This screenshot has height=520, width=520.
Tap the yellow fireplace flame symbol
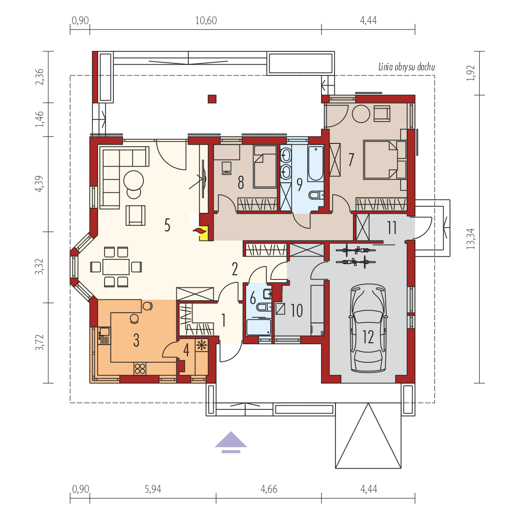[x=203, y=233]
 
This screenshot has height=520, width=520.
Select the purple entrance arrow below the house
[x=231, y=442]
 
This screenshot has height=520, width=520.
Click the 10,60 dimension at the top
[x=206, y=20]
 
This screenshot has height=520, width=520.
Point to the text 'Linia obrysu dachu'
[x=407, y=67]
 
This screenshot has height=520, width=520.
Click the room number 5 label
[x=167, y=225]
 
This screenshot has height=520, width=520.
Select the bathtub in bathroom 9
[x=316, y=163]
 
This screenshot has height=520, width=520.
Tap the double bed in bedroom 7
[x=385, y=160]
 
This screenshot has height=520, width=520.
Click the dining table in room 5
[x=116, y=266]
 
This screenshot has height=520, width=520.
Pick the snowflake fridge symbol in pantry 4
[x=201, y=346]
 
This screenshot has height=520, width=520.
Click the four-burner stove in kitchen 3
[x=140, y=369]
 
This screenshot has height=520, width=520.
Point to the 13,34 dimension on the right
[x=470, y=239]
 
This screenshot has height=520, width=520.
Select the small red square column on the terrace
[x=212, y=99]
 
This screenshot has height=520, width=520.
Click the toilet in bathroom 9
[x=316, y=195]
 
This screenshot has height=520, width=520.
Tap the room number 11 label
[x=392, y=228]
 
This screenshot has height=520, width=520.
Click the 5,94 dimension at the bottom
[x=153, y=489]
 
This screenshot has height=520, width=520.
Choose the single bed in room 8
[x=265, y=166]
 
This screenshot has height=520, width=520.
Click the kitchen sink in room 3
[x=104, y=335]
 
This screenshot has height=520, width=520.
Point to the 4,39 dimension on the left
[x=39, y=184]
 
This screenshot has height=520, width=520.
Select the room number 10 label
[x=297, y=311]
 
